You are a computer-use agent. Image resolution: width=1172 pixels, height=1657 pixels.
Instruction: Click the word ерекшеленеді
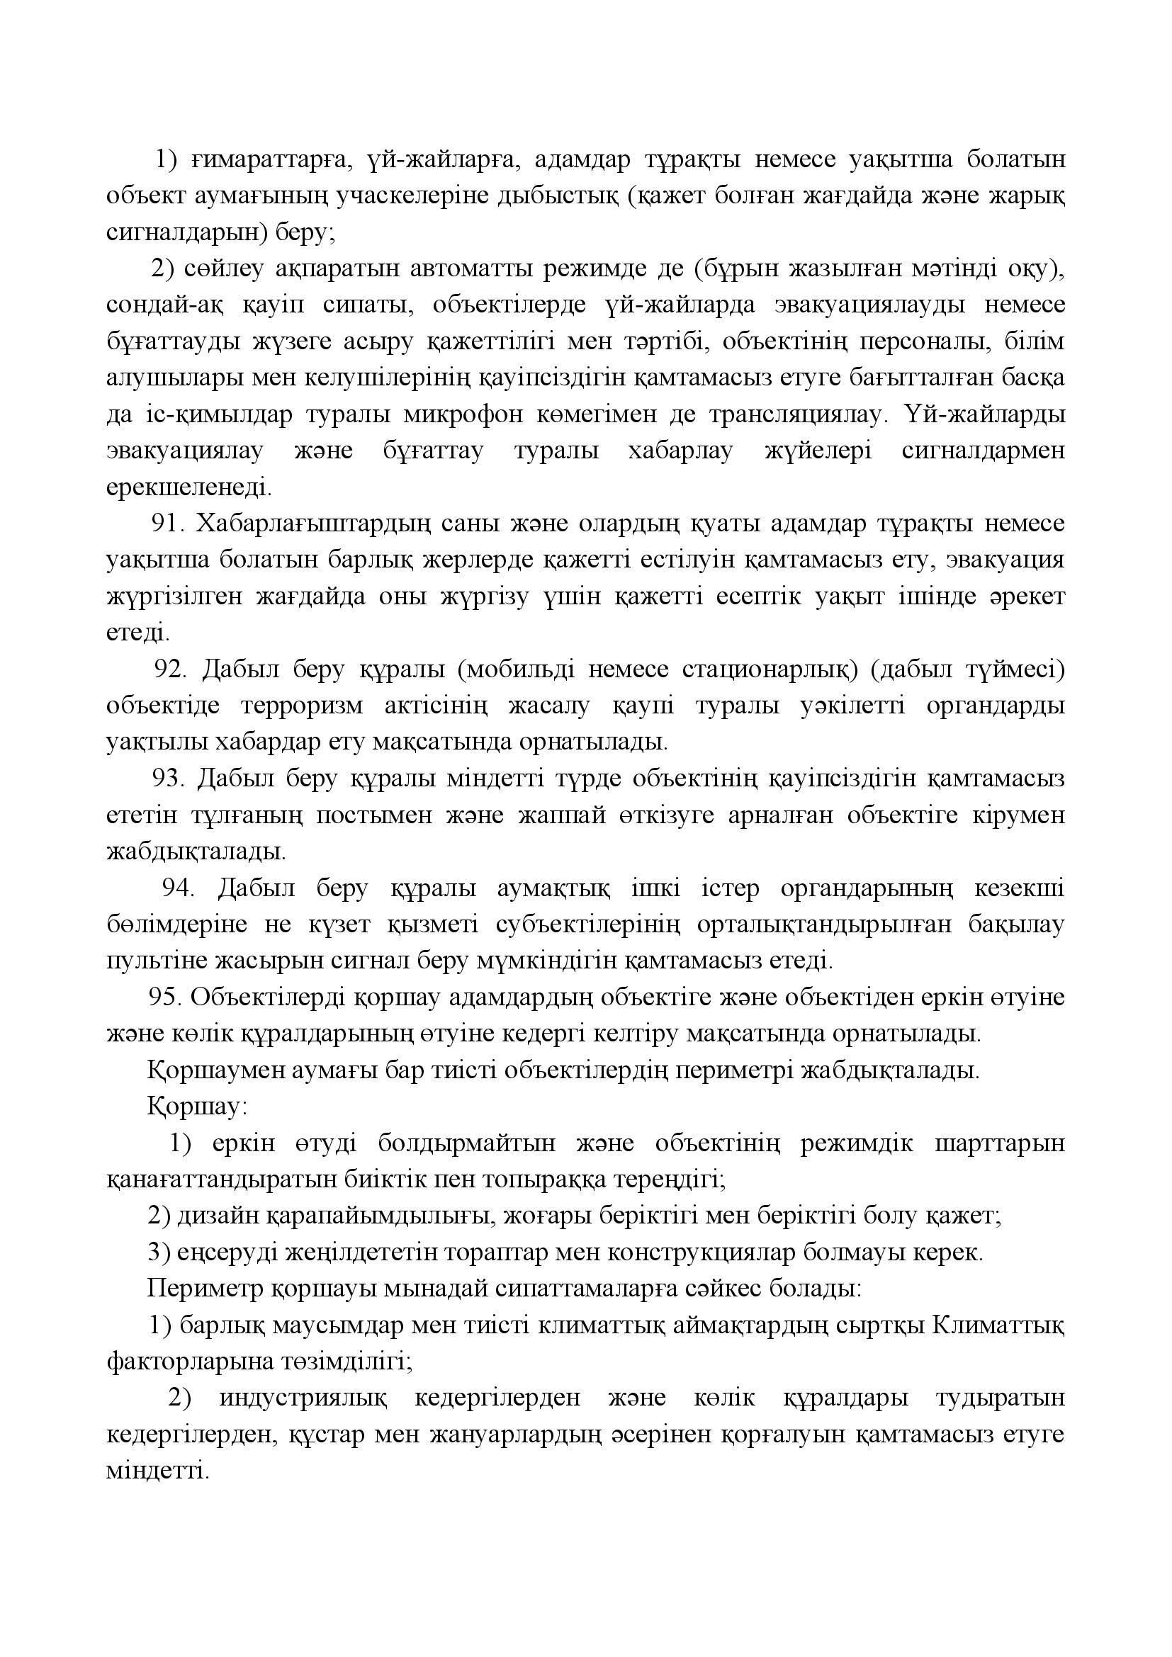[x=189, y=487]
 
